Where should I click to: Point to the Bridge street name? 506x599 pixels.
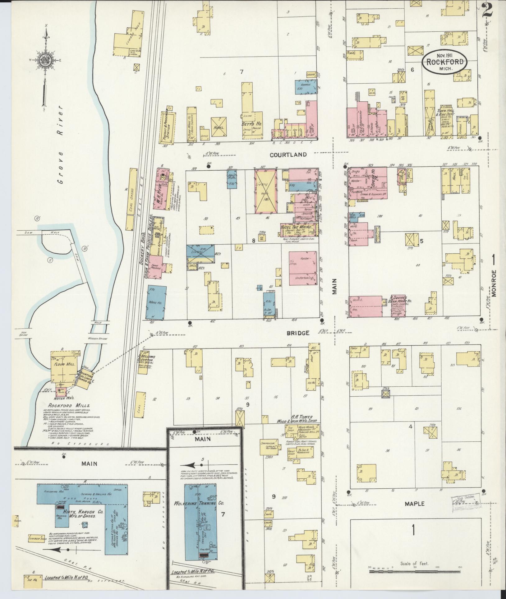[x=298, y=333]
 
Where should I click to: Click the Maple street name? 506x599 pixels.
[x=415, y=504]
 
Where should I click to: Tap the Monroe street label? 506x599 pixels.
[x=494, y=283]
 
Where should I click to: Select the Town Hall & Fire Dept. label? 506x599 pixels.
[x=446, y=112]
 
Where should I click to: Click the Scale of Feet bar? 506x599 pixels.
[x=415, y=571]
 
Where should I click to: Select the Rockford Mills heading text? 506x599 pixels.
[x=69, y=405]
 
